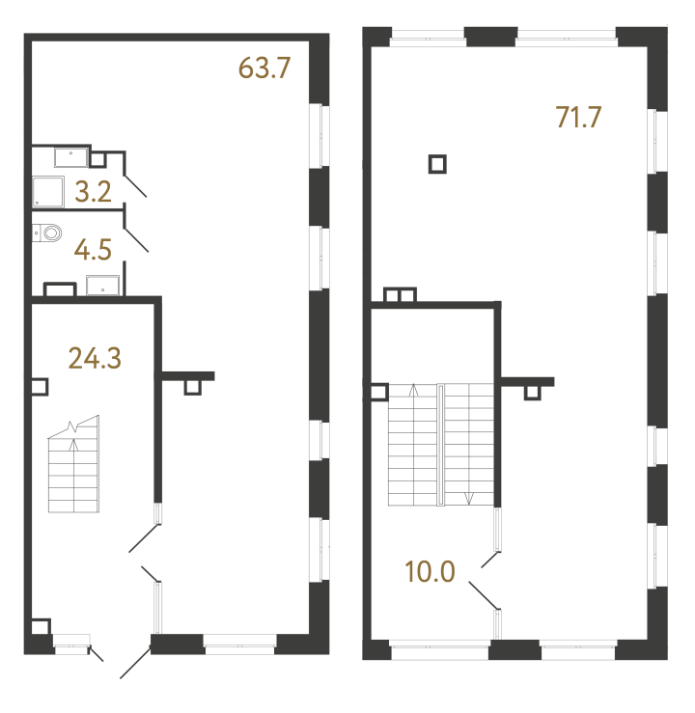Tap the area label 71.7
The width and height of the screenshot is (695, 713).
578,117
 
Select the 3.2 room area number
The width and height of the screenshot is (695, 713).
94,191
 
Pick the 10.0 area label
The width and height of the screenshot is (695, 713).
431,572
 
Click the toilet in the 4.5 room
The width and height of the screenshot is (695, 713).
48,233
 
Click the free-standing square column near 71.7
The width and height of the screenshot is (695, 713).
437,164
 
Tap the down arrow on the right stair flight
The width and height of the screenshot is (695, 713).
469,498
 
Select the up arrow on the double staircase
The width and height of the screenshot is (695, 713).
413,391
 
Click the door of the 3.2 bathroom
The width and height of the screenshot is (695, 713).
135,184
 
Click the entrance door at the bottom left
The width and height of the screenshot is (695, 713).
135,665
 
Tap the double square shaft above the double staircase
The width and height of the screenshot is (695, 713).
399,295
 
